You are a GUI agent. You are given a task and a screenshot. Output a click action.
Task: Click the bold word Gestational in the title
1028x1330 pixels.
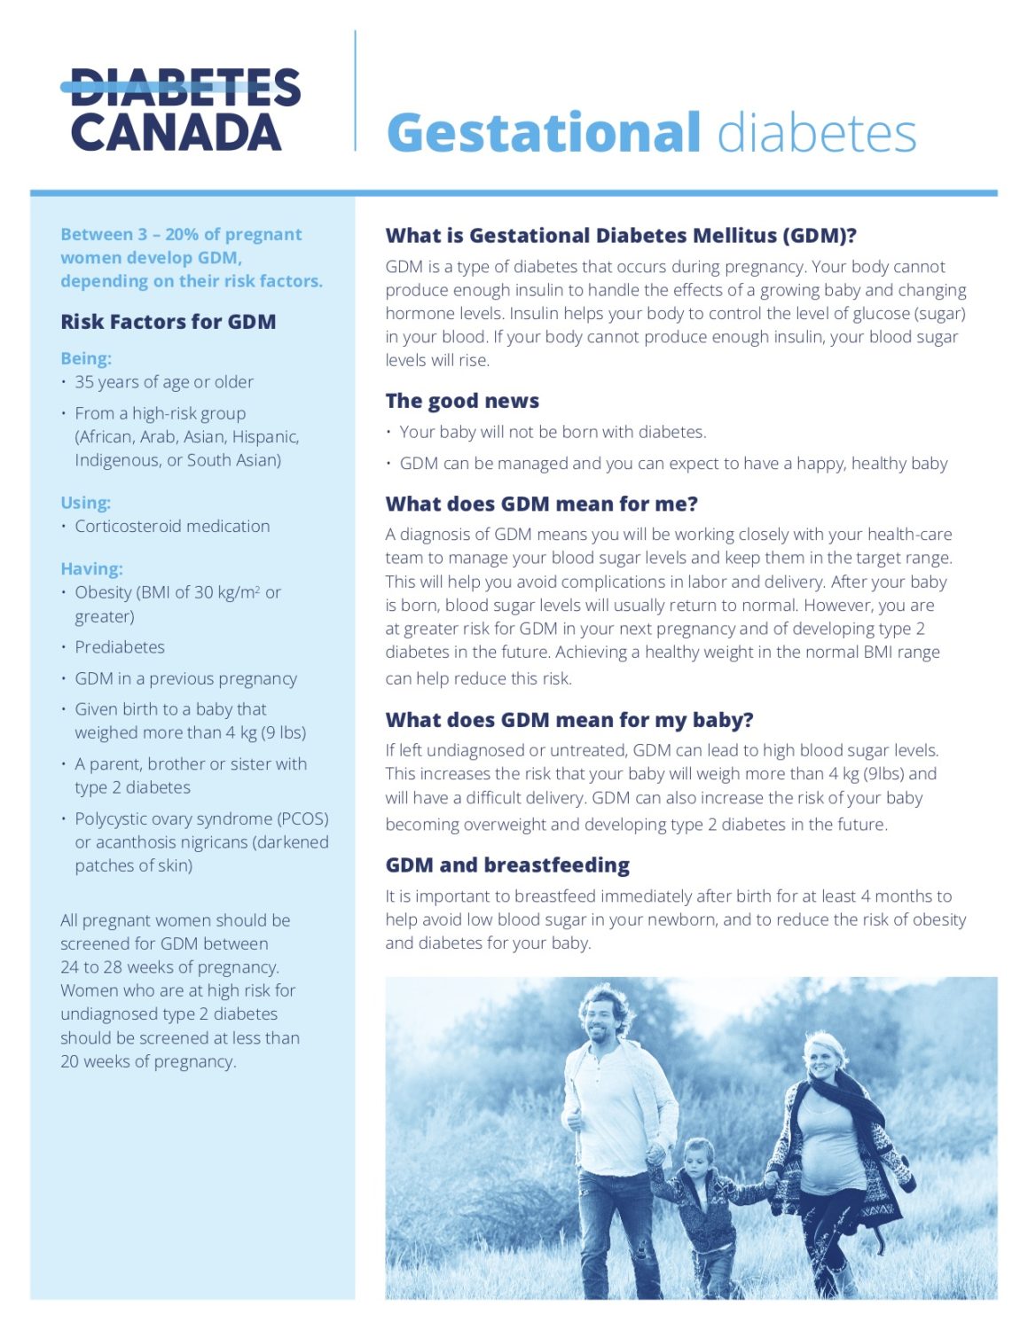coord(544,133)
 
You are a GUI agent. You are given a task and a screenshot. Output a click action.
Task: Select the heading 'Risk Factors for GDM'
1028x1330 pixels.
coord(168,322)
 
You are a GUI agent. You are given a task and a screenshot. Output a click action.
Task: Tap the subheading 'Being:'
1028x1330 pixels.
coord(86,358)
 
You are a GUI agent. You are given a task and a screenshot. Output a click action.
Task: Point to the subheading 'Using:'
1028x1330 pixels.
coord(85,503)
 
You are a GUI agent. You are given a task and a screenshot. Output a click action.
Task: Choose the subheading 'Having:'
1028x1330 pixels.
coord(91,568)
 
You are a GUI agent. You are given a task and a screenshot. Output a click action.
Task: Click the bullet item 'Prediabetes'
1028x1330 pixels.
coord(120,647)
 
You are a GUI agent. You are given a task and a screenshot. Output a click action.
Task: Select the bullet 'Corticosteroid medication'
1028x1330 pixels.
coord(172,527)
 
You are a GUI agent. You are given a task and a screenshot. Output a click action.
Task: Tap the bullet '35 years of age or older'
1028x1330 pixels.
coord(164,382)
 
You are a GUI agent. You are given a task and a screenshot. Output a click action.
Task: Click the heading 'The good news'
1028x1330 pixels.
coord(462,401)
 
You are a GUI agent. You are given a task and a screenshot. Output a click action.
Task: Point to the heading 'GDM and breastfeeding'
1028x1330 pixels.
coord(507,864)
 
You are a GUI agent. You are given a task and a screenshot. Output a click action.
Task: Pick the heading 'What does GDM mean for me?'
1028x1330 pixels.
coord(541,504)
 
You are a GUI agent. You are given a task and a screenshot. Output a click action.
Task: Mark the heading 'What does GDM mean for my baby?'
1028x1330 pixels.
coord(569,720)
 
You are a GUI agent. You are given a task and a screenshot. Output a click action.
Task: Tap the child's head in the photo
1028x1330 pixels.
coord(698,1156)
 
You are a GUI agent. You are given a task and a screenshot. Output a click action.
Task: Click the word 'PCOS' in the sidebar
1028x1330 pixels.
coord(303,818)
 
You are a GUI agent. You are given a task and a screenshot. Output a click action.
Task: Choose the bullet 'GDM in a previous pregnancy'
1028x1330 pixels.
coord(185,678)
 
